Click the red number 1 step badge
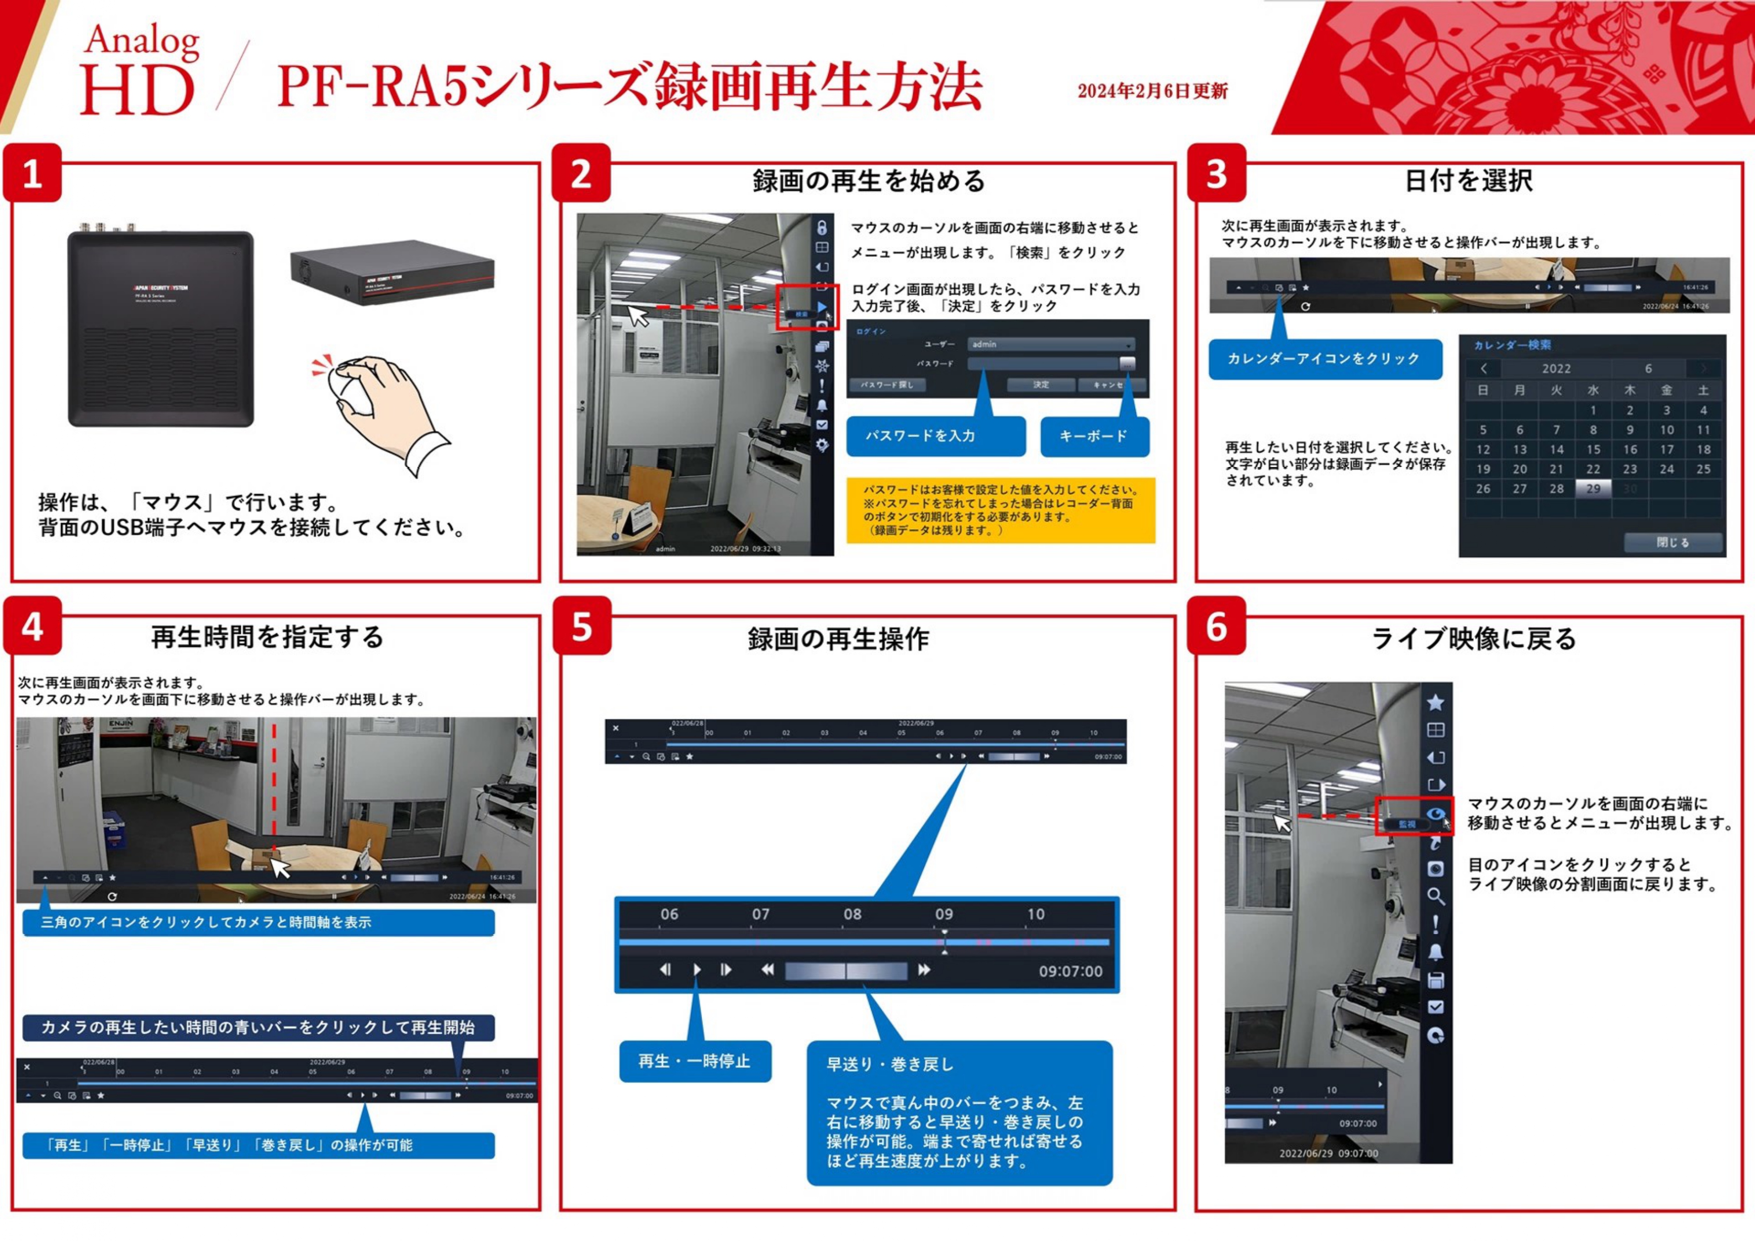click(32, 174)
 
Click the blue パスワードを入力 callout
click(935, 437)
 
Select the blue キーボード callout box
click(1094, 437)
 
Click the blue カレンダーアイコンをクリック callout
click(1324, 358)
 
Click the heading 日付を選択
click(1468, 181)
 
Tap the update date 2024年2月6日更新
click(1152, 92)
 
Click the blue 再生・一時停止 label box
click(694, 1061)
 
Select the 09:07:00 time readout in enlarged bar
click(1070, 972)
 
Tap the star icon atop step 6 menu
click(1436, 702)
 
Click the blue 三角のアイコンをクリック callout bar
click(258, 922)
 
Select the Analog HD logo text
click(139, 71)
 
